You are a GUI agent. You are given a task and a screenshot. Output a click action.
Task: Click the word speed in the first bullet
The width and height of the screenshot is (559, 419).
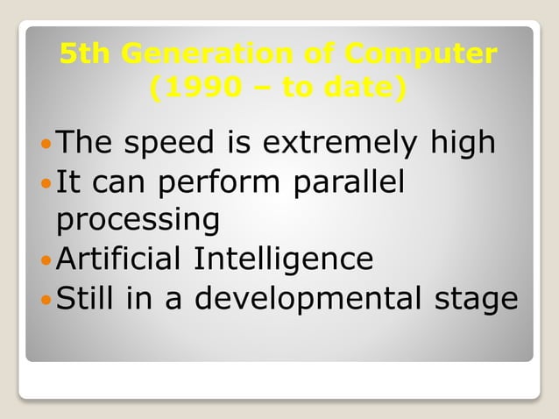click(166, 143)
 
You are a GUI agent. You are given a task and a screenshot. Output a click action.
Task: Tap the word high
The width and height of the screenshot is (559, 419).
click(462, 143)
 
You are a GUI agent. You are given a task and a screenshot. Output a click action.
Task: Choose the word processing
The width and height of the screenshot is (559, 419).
click(138, 221)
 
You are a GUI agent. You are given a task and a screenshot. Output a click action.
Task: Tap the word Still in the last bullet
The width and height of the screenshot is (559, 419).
click(84, 299)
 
